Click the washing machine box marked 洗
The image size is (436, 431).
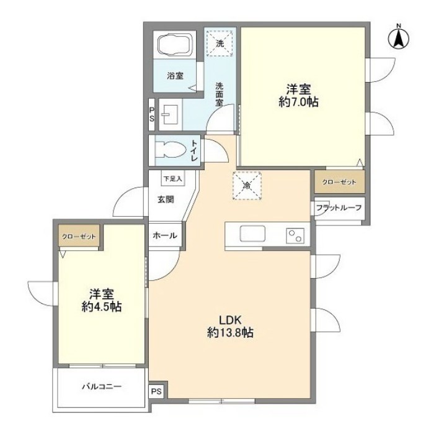click(x=221, y=42)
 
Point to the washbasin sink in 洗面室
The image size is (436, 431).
click(x=169, y=114)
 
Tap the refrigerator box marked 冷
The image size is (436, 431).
click(x=247, y=185)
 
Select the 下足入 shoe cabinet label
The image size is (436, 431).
click(x=173, y=179)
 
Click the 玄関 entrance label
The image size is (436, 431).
click(x=165, y=199)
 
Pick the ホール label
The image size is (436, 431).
click(x=165, y=236)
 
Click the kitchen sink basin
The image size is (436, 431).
click(x=252, y=235)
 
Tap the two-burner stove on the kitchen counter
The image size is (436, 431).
click(x=294, y=236)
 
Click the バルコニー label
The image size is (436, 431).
click(x=101, y=386)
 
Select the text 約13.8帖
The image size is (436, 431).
click(x=229, y=333)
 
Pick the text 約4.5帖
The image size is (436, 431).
click(x=101, y=307)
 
